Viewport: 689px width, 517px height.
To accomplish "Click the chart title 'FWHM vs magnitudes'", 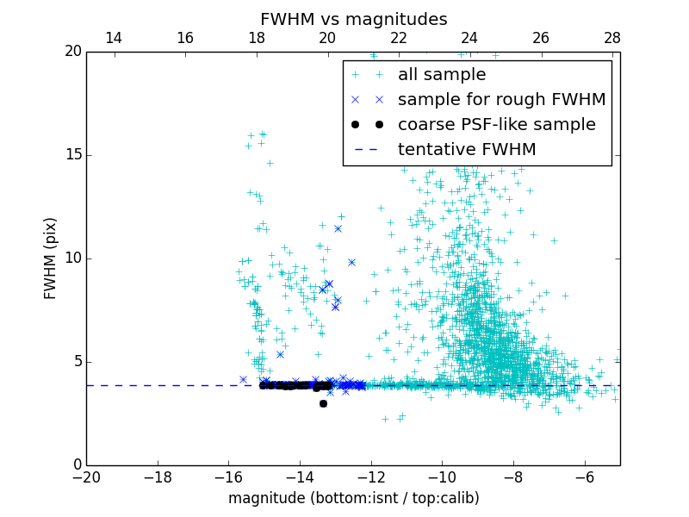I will [353, 19].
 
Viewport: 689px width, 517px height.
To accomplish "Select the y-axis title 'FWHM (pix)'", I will [50, 258].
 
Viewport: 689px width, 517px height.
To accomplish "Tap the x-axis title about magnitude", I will [353, 498].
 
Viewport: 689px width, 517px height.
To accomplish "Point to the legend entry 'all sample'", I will [442, 75].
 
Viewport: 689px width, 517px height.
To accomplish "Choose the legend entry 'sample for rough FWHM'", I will [501, 100].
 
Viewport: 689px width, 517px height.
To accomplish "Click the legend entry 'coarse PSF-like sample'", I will [496, 125].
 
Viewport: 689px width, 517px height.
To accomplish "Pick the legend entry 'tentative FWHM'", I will [466, 150].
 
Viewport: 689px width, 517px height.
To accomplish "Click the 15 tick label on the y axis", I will [72, 155].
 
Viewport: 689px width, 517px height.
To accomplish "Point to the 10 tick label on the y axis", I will [72, 258].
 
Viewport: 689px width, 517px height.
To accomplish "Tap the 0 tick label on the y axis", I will [77, 465].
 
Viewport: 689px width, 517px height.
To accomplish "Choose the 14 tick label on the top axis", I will [113, 38].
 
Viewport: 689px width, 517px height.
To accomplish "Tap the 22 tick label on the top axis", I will [398, 38].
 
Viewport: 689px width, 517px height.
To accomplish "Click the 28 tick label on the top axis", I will [611, 38].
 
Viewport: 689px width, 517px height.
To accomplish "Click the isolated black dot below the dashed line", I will [323, 403].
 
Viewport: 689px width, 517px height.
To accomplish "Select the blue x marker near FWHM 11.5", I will [338, 228].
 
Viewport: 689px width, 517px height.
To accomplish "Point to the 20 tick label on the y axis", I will [72, 52].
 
